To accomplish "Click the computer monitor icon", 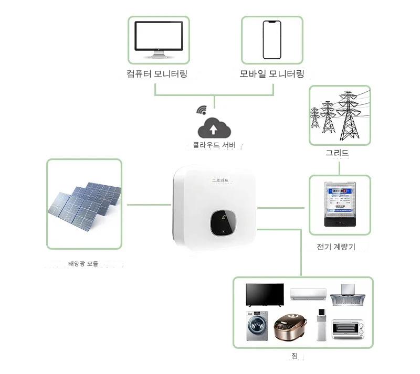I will click(x=159, y=39).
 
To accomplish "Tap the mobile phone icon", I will click(x=272, y=40).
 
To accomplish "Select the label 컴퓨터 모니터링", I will click(x=157, y=73).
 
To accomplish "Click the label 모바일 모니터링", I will click(x=272, y=73).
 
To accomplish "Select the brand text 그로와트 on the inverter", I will click(x=220, y=180).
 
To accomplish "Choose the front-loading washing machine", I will click(x=256, y=325).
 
